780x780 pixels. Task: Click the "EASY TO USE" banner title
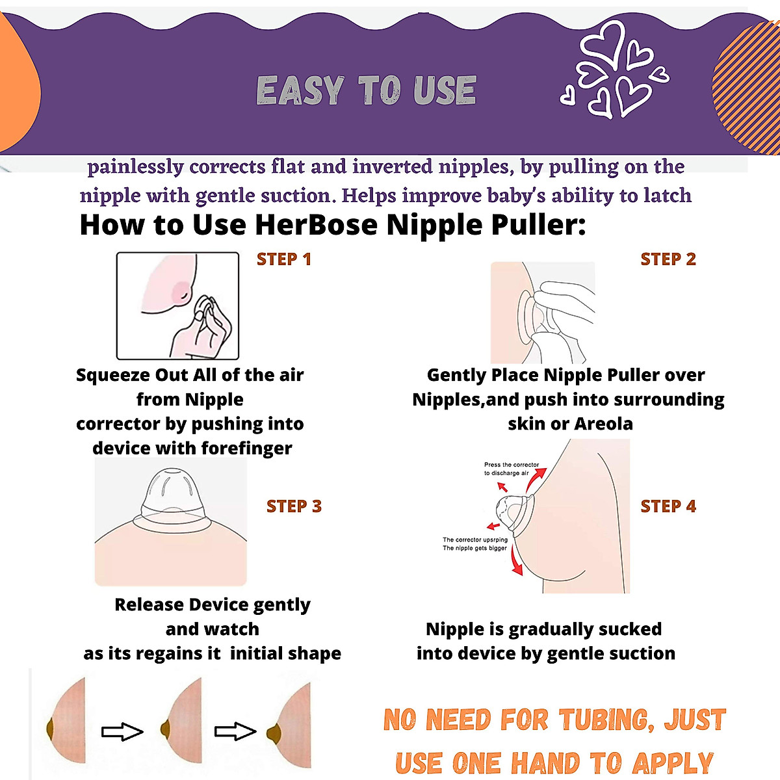pyautogui.click(x=366, y=90)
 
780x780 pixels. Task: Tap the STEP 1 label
pyautogui.click(x=284, y=259)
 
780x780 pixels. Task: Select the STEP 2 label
pyautogui.click(x=668, y=259)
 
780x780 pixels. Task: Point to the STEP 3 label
pyautogui.click(x=294, y=506)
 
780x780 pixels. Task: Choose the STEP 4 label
pyautogui.click(x=668, y=506)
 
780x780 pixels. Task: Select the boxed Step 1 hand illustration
pyautogui.click(x=177, y=306)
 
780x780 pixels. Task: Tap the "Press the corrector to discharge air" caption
pyautogui.click(x=512, y=469)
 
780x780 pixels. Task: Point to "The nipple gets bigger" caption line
pyautogui.click(x=474, y=548)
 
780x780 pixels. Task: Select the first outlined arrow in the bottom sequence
pyautogui.click(x=122, y=732)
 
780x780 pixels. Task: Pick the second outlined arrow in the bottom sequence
pyautogui.click(x=235, y=732)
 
